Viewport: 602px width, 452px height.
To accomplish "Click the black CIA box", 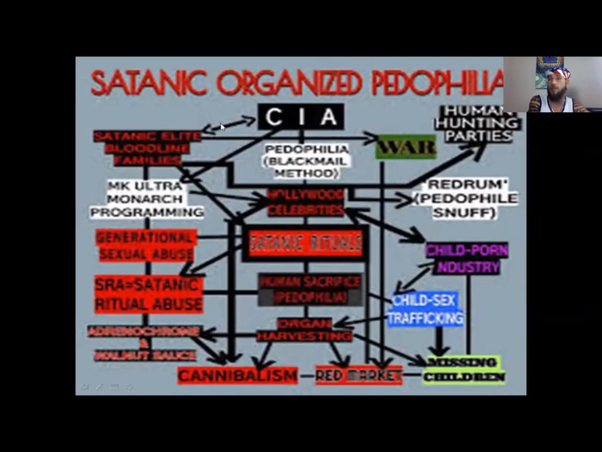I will click(x=300, y=117).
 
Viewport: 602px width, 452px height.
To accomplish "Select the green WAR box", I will click(x=406, y=147).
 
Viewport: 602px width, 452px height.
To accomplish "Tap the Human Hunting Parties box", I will click(x=477, y=124).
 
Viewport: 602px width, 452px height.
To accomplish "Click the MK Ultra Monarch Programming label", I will click(x=146, y=199).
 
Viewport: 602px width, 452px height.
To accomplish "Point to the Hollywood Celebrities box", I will click(x=306, y=202).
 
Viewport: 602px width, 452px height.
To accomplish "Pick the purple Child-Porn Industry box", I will click(x=467, y=258).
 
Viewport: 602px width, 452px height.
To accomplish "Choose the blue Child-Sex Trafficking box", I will click(x=425, y=310).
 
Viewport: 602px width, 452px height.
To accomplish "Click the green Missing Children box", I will click(x=463, y=370).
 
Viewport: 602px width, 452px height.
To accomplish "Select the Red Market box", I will click(x=359, y=375).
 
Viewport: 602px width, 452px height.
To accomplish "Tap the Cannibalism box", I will click(x=238, y=375).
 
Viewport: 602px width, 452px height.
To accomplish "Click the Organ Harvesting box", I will click(x=305, y=330).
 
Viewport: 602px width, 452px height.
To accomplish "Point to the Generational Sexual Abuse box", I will click(x=146, y=245).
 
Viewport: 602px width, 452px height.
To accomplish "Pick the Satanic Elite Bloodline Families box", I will click(x=147, y=148).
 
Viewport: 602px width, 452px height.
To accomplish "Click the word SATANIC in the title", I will click(x=149, y=82).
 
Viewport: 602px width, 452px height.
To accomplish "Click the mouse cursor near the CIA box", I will click(x=222, y=127).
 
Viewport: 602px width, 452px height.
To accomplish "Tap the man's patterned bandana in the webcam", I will click(x=558, y=73).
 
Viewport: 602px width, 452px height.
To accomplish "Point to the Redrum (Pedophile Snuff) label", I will click(x=466, y=198).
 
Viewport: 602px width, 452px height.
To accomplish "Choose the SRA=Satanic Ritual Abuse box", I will click(x=148, y=294).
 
